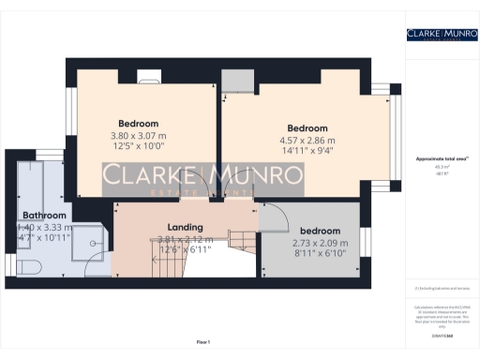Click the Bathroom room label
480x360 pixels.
44,215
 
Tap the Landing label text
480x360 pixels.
185,228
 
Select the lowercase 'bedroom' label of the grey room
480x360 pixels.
320,231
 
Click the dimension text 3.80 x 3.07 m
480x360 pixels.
138,135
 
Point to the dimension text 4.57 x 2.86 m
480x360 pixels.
307,141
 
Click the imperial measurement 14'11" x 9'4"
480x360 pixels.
307,152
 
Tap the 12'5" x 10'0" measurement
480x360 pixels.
138,146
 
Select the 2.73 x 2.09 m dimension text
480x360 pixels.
320,243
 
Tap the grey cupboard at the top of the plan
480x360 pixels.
234,81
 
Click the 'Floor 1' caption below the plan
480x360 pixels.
202,342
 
